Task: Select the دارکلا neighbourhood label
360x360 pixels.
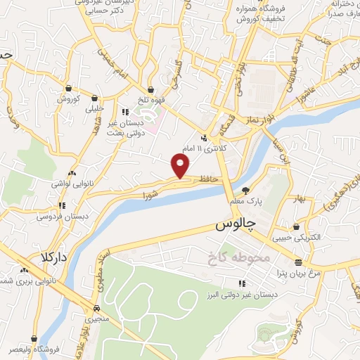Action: [x=53, y=257]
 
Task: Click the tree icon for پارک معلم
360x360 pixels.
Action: [x=245, y=190]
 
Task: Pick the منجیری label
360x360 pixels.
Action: [x=98, y=319]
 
